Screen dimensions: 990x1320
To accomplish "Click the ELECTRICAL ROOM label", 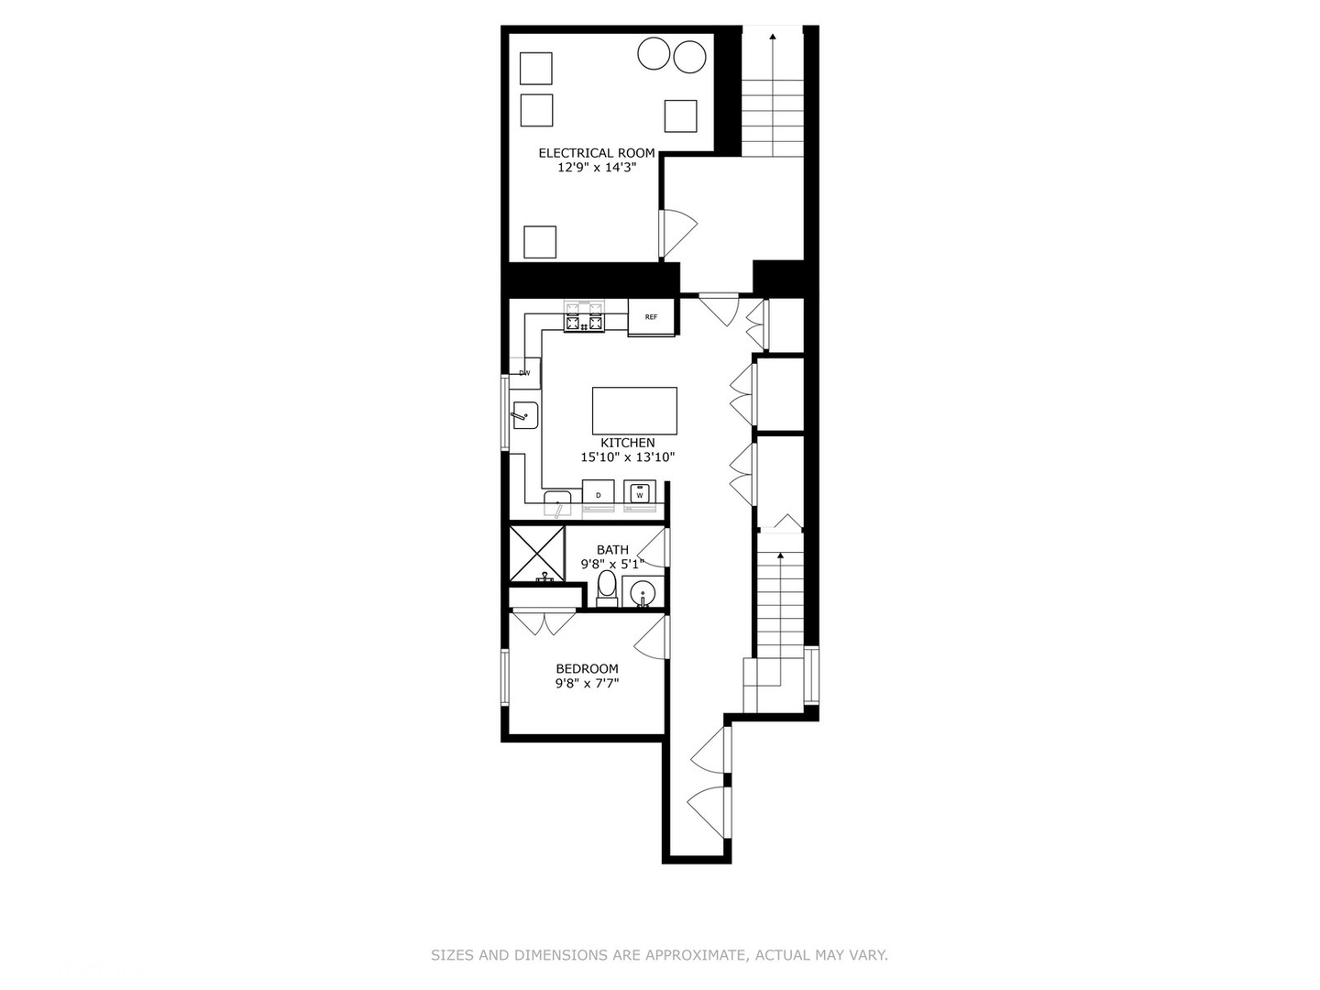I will (596, 153).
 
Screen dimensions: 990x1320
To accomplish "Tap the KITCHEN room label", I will (628, 443).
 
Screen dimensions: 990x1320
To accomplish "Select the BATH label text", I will (612, 550).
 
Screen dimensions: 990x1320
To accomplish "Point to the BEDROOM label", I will (587, 669).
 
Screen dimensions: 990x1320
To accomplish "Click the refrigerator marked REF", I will (651, 317).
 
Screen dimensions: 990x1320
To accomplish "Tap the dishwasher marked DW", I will (525, 373).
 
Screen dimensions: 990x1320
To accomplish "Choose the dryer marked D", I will (599, 494).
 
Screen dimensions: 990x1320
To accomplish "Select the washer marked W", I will (640, 494).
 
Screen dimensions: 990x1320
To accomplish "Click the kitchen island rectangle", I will (634, 410).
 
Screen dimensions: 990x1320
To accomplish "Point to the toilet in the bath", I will (607, 587).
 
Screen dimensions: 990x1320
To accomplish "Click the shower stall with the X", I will (536, 552).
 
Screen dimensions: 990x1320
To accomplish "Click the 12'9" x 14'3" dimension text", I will (596, 168).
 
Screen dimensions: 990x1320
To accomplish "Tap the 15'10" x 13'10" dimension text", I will (628, 457).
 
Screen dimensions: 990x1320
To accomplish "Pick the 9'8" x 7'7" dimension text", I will (587, 684).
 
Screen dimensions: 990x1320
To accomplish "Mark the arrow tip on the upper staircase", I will (772, 37).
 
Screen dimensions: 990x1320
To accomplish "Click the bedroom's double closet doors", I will (544, 622).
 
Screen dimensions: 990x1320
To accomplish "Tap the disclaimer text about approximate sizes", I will (659, 955).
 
